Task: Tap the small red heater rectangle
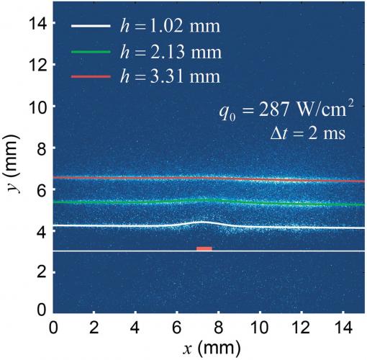[x=204, y=248]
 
